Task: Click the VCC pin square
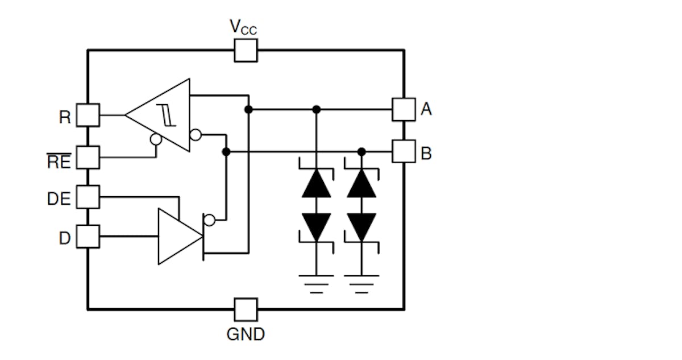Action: pos(246,51)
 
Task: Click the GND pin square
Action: pos(246,310)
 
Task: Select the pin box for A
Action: pos(404,109)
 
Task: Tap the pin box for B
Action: pos(404,151)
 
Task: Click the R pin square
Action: pos(88,115)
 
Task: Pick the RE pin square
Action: pos(88,158)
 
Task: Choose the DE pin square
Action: pos(88,197)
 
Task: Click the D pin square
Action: pos(88,236)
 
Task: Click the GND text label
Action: pos(246,334)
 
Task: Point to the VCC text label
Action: pos(243,27)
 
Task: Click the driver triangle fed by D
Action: pos(177,236)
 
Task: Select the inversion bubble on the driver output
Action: pos(210,220)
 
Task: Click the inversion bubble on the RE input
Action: pos(155,139)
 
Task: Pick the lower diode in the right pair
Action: pos(361,226)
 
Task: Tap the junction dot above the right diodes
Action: pos(361,151)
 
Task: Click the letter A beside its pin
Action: pos(426,108)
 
